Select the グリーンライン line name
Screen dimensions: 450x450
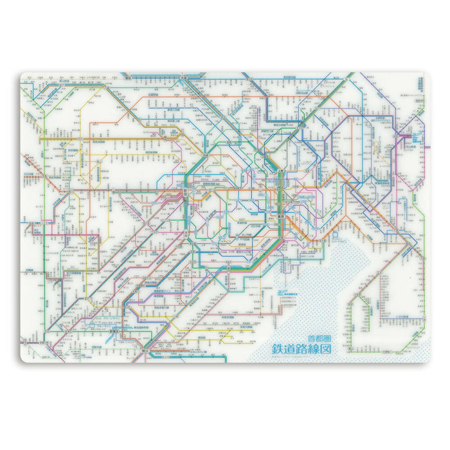103,317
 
